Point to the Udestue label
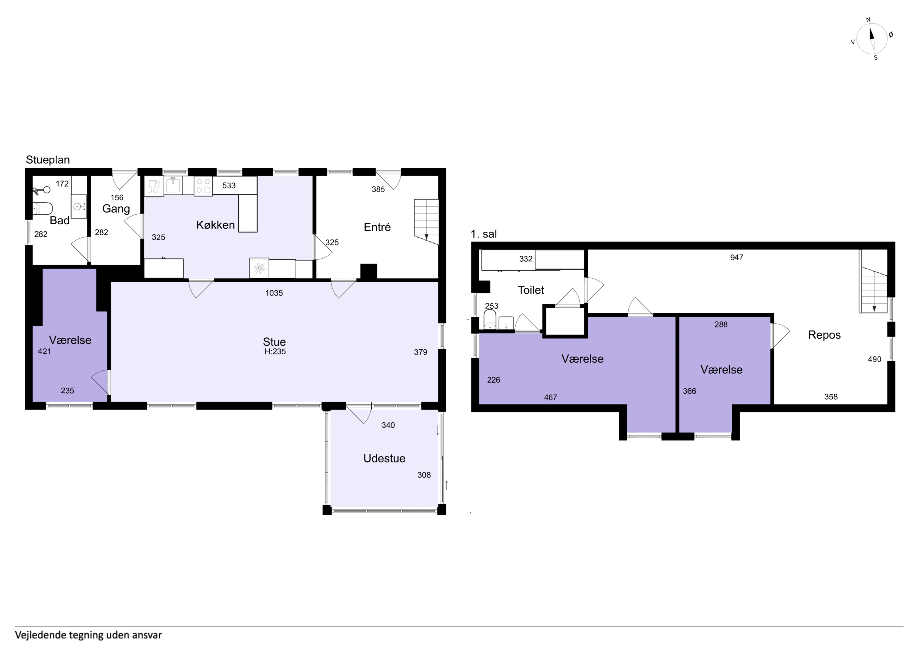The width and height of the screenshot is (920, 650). coord(384,458)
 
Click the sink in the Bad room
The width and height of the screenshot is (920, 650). coord(79,206)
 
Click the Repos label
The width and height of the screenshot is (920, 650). coord(824,335)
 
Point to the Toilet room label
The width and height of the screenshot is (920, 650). coord(531,290)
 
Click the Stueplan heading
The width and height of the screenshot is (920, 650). coord(48,160)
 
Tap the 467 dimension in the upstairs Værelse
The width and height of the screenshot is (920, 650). coord(551,397)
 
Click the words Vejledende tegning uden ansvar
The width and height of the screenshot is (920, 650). coord(89,635)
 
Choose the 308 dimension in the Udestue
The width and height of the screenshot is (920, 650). coord(424,475)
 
